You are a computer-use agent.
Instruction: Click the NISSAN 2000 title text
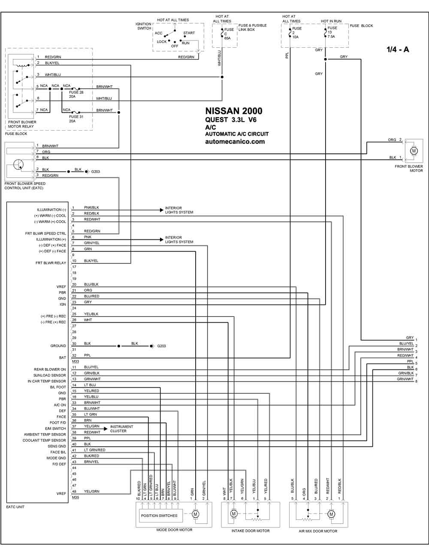pos(233,111)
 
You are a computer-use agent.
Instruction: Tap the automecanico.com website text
pos(235,141)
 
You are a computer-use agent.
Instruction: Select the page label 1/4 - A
pos(398,49)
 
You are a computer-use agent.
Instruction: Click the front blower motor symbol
pos(414,151)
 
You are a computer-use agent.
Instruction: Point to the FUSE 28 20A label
pos(76,94)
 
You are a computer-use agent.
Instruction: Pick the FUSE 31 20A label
pos(76,119)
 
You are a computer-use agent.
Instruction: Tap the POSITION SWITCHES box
pos(159,515)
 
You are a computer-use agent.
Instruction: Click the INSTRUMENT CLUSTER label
pos(121,429)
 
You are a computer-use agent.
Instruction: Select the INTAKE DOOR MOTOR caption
pos(251,531)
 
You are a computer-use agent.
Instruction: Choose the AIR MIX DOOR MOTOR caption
pos(318,531)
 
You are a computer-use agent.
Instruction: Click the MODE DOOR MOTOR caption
pos(174,530)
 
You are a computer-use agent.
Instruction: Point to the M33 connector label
pos(76,361)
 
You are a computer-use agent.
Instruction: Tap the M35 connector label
pos(76,497)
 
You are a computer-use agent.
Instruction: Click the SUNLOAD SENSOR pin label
pos(50,375)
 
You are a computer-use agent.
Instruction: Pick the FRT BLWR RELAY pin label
pos(51,263)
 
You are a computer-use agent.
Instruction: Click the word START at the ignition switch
pos(189,33)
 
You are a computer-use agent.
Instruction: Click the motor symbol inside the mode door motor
pos(195,514)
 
